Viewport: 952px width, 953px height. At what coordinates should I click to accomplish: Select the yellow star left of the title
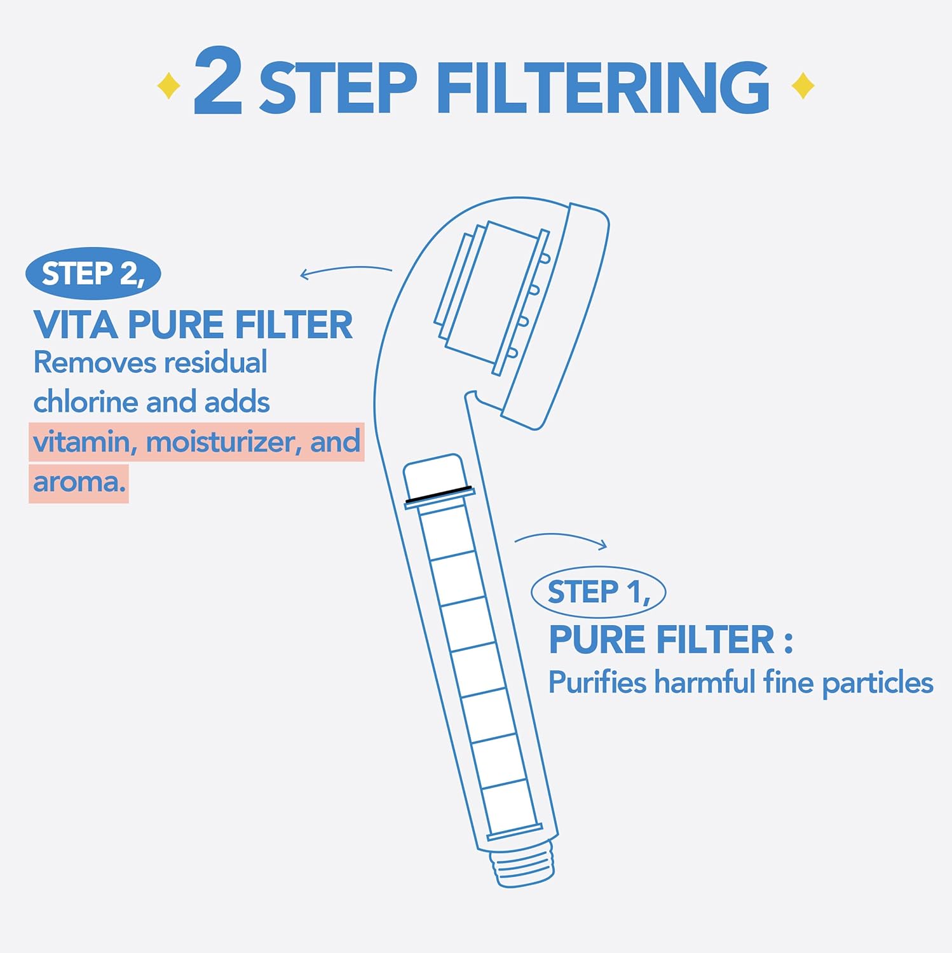[x=168, y=86]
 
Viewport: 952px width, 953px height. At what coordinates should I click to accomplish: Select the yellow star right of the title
[x=803, y=86]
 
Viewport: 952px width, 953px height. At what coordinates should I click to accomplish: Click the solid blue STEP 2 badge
[x=93, y=274]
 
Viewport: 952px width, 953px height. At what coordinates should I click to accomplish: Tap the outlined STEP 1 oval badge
[x=598, y=592]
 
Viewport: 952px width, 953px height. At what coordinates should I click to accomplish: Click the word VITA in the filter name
[x=76, y=325]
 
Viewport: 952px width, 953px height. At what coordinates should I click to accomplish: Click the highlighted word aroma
[x=79, y=482]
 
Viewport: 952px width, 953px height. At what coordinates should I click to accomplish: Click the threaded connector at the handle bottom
[x=523, y=867]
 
